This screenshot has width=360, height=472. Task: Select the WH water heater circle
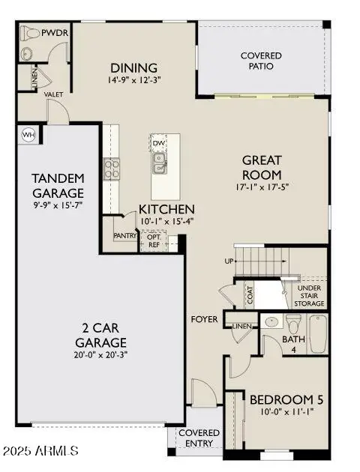[x=28, y=135]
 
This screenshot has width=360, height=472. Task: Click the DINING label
[x=133, y=67]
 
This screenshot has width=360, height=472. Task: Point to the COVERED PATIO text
[x=261, y=61]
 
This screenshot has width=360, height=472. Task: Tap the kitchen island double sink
[x=159, y=163]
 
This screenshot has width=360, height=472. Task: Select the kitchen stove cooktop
[x=112, y=169]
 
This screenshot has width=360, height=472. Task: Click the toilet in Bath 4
[x=292, y=324]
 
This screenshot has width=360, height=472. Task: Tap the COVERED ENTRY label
[x=199, y=438]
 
